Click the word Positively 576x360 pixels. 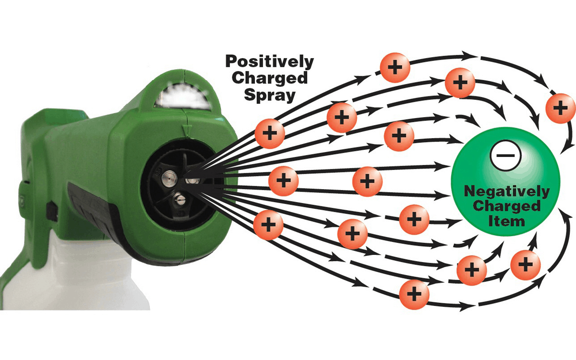270,61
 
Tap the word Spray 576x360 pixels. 269,94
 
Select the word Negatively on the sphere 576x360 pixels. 507,192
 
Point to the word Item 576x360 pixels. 506,222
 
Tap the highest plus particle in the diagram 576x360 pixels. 395,67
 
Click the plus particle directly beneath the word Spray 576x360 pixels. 269,132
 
